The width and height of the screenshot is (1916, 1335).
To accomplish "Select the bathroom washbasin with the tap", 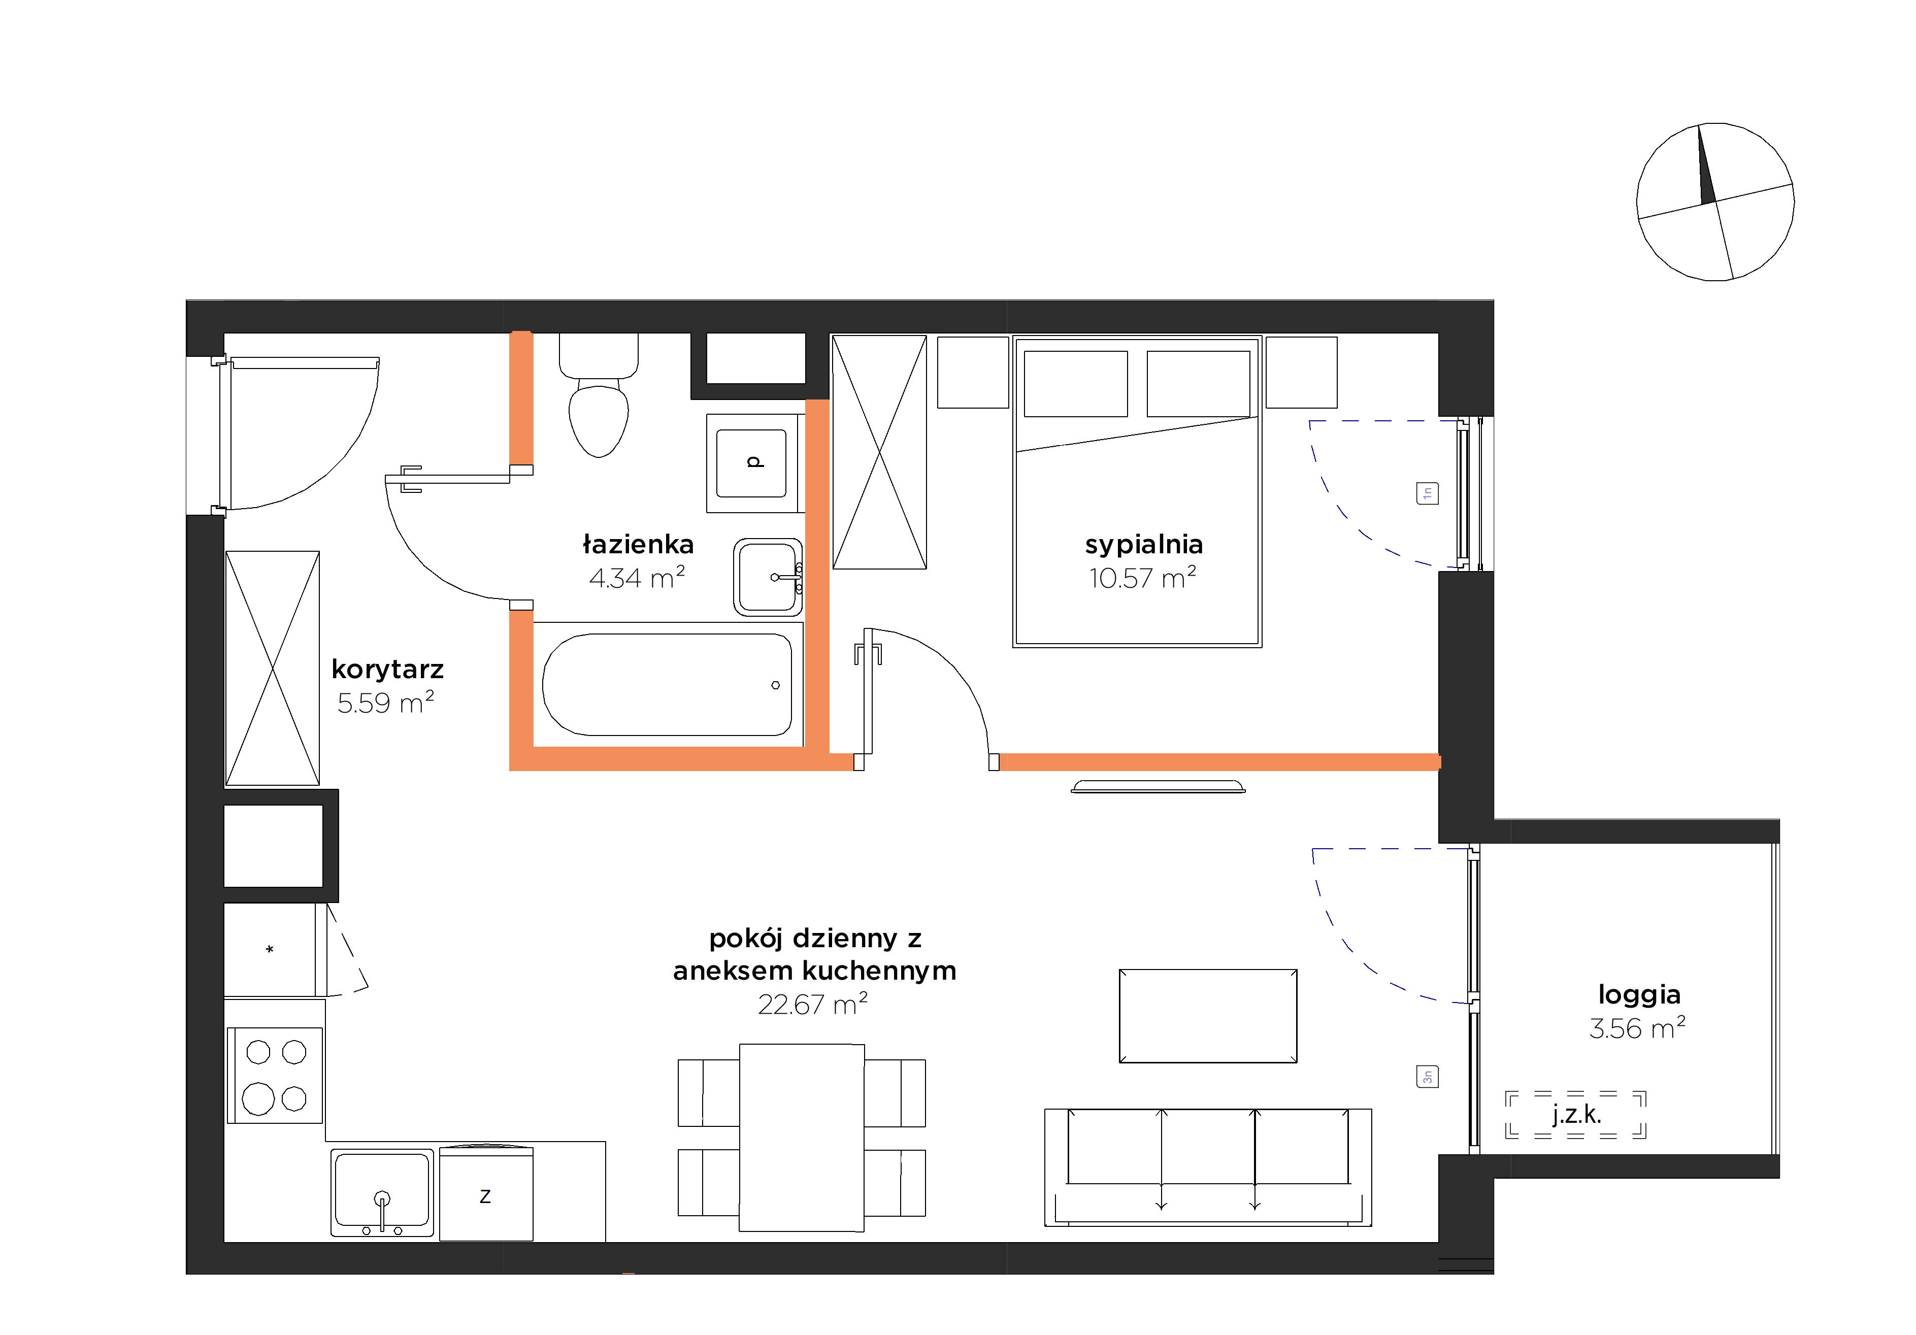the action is click(768, 577).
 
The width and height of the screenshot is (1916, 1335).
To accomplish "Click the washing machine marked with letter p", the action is click(752, 463).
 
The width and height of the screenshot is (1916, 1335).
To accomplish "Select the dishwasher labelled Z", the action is click(486, 1194).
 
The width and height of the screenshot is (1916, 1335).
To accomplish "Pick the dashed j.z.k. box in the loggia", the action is click(1575, 1115).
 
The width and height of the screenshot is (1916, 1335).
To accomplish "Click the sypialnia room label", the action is click(1143, 545).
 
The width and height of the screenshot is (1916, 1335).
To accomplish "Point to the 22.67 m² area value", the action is click(812, 1004).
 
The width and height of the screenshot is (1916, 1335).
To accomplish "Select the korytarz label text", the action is click(387, 669).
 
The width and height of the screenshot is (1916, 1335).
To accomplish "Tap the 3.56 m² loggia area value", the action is click(1637, 1028).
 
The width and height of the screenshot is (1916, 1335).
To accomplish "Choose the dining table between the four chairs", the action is click(801, 1137).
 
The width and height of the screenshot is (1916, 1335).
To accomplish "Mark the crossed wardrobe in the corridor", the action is click(272, 669).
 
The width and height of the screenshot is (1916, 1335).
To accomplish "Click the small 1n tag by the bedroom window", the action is click(1427, 493).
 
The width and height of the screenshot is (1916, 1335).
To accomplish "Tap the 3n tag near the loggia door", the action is click(1427, 1076).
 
